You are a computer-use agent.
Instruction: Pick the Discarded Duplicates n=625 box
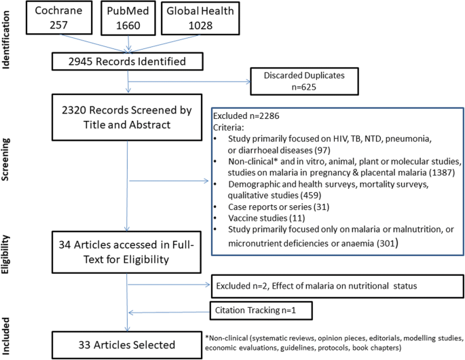point(299,81)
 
